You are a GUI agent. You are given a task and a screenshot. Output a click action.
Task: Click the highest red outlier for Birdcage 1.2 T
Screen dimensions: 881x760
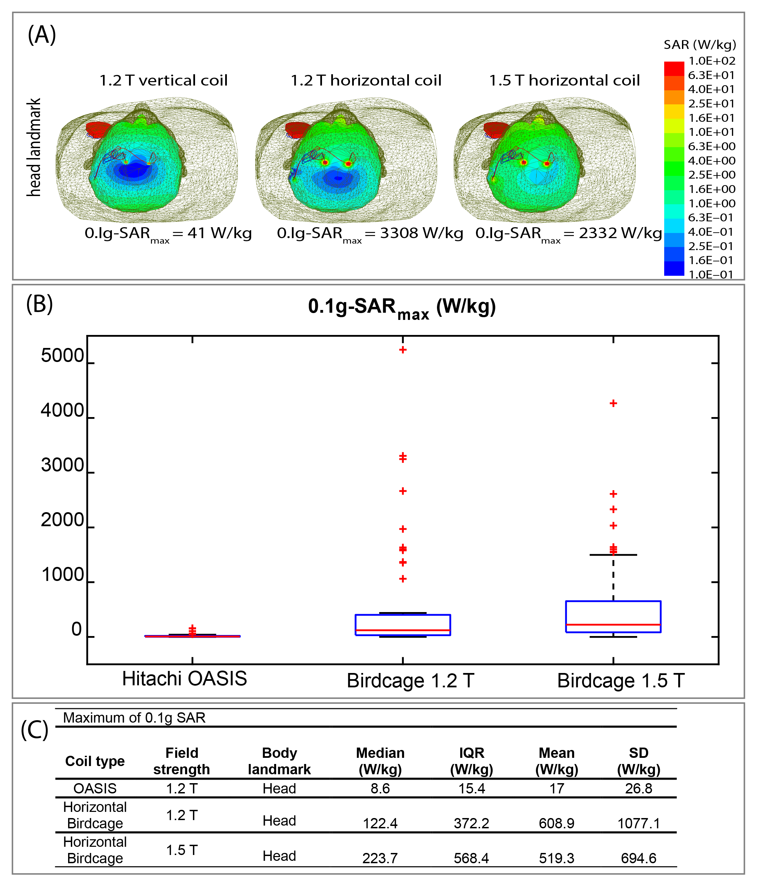click(403, 350)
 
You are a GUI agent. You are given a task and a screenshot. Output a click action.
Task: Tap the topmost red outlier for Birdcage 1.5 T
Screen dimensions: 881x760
click(613, 403)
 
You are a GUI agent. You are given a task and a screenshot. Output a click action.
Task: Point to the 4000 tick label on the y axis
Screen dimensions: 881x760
click(62, 411)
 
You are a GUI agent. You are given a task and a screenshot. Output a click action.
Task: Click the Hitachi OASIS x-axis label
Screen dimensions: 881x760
click(184, 678)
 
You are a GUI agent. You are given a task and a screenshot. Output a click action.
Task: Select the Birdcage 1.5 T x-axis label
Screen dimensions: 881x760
click(620, 681)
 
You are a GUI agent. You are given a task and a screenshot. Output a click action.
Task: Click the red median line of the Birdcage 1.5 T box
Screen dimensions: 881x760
click(613, 625)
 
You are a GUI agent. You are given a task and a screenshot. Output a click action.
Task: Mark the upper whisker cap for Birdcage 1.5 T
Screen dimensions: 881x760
click(613, 555)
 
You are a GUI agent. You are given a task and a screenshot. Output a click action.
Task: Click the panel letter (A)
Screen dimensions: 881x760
click(42, 35)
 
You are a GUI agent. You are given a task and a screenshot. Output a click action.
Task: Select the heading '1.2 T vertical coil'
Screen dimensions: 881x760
click(163, 80)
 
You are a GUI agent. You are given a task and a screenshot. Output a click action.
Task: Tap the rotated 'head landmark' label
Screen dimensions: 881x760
click(34, 147)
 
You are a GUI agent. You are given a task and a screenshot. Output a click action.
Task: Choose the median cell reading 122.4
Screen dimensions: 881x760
click(380, 824)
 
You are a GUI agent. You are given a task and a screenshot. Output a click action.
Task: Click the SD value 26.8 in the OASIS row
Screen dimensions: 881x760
click(639, 789)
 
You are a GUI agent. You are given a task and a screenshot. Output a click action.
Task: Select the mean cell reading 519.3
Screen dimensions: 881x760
click(556, 858)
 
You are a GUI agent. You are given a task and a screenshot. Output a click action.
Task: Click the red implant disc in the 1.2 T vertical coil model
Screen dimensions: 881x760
click(98, 129)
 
